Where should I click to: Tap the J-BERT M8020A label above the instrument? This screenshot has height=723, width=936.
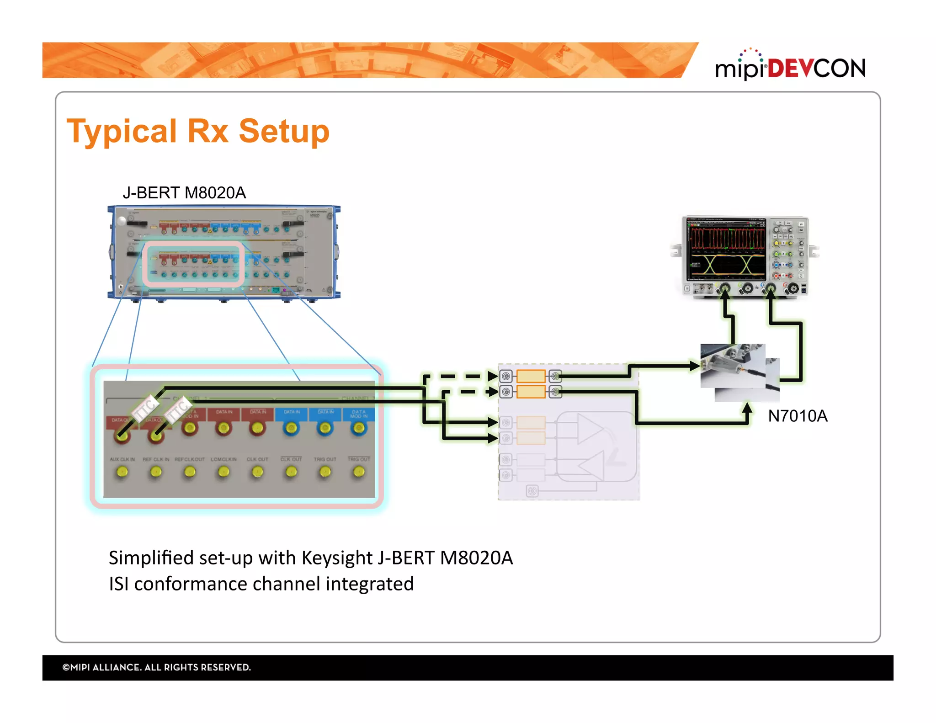(x=184, y=193)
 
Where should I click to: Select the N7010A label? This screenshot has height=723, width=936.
(x=798, y=416)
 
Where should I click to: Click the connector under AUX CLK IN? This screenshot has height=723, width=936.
(x=122, y=472)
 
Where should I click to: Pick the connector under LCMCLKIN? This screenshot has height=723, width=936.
(x=223, y=472)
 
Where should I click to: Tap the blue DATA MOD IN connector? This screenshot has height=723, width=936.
(x=359, y=428)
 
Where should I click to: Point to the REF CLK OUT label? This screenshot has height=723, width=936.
(x=190, y=459)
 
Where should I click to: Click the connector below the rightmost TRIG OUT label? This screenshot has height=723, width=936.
(x=359, y=472)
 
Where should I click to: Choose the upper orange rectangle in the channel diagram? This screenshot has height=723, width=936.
(x=531, y=377)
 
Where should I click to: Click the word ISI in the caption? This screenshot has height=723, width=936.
(x=118, y=584)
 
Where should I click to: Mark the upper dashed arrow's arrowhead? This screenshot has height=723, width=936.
(x=492, y=376)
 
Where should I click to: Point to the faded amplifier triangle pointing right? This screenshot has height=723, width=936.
(x=590, y=429)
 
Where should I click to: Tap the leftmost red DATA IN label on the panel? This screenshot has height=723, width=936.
(x=223, y=412)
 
